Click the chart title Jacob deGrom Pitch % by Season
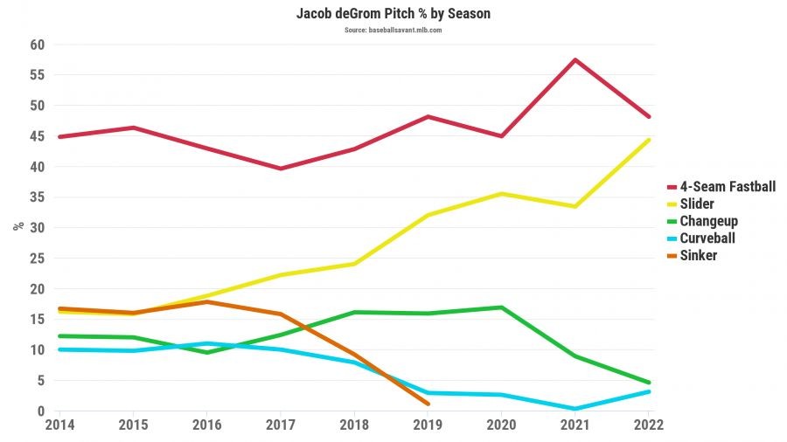coord(393,15)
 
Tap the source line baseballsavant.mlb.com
coord(393,30)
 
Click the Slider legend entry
coord(697,204)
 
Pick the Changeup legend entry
coord(708,221)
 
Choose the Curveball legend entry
coord(707,238)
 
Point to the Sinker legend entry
coord(698,255)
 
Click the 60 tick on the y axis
coord(38,45)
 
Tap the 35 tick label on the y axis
coord(38,197)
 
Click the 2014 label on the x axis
coord(59,426)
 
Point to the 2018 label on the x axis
coord(353,426)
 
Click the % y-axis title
coord(17,226)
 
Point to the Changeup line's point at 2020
coord(501,307)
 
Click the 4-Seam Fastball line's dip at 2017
coord(280,169)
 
